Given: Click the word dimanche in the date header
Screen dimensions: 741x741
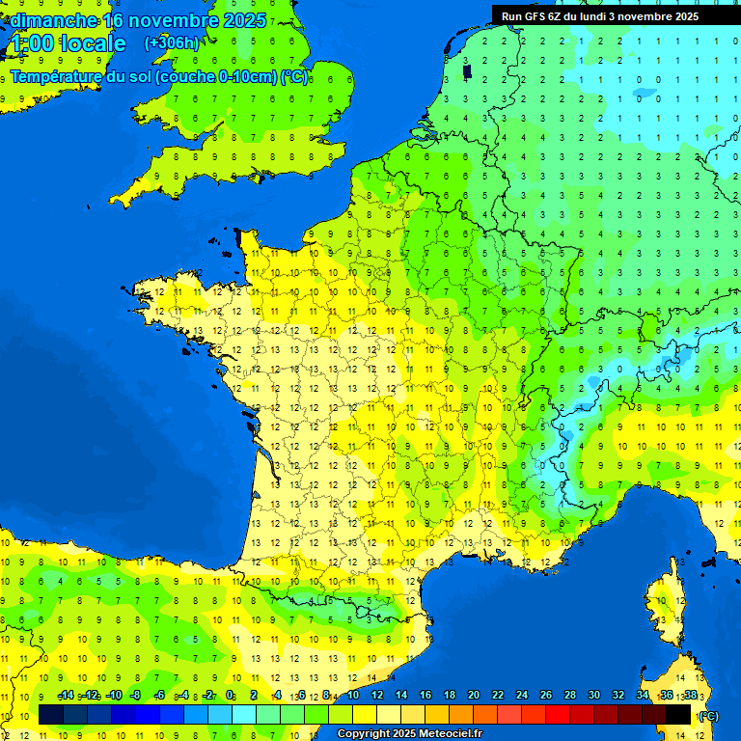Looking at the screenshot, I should (53, 19).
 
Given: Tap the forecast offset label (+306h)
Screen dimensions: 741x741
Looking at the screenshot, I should (172, 42).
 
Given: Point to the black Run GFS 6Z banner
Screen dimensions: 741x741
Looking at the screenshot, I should (614, 15).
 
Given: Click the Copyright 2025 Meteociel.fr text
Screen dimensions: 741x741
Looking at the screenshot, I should (409, 734).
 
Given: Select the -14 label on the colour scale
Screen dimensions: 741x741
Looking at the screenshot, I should (67, 695).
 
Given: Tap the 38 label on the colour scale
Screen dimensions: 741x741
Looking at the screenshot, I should (690, 695).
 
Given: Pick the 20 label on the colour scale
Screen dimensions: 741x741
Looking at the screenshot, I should (474, 695).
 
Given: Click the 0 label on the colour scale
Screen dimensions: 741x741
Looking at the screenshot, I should (231, 695).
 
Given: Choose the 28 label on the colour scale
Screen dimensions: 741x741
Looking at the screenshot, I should (570, 695).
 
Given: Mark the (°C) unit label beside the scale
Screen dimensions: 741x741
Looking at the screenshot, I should (708, 715).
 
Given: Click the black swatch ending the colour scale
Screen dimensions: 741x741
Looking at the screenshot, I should (678, 715).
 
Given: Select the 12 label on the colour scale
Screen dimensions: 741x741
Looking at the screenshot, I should (377, 695).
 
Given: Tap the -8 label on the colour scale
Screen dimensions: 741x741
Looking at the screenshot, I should (136, 695).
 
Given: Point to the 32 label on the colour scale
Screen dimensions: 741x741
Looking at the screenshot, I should (618, 695).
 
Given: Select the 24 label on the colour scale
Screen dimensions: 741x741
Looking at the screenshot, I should (522, 695).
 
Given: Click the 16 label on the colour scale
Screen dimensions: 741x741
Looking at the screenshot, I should (425, 695).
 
